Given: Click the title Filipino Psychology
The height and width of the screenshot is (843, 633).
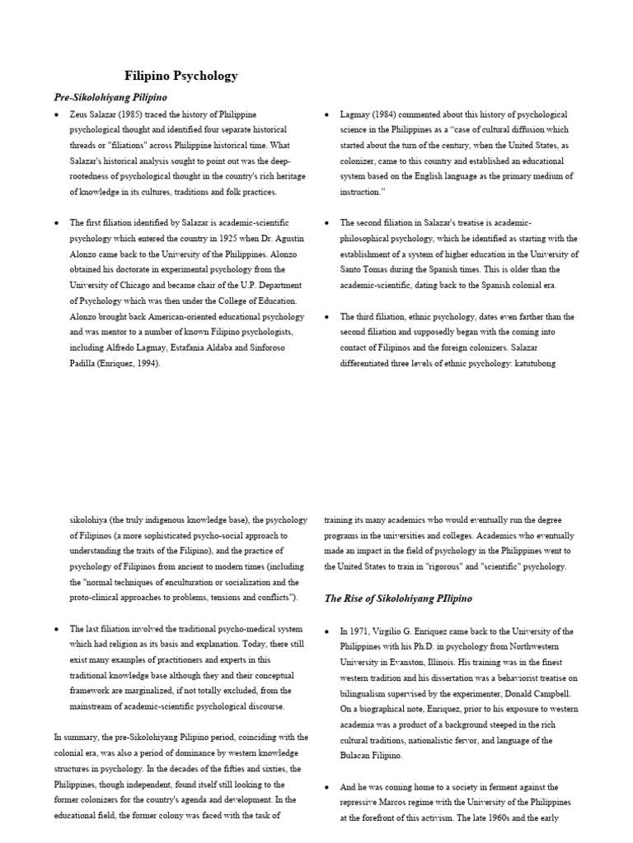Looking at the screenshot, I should pyautogui.click(x=181, y=76).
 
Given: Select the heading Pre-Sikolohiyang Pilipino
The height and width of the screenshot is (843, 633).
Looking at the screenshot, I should pyautogui.click(x=110, y=97).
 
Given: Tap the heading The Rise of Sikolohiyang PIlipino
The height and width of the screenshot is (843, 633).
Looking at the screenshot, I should pyautogui.click(x=397, y=598).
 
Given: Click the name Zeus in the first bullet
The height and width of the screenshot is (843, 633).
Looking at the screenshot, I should pyautogui.click(x=81, y=114).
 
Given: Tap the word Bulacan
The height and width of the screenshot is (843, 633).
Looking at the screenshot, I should pyautogui.click(x=357, y=755).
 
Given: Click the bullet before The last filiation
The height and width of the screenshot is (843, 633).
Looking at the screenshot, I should pyautogui.click(x=57, y=629).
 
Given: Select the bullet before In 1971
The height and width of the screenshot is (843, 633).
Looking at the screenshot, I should pyautogui.click(x=327, y=631).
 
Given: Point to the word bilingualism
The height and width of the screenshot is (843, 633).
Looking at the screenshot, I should pyautogui.click(x=365, y=693).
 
